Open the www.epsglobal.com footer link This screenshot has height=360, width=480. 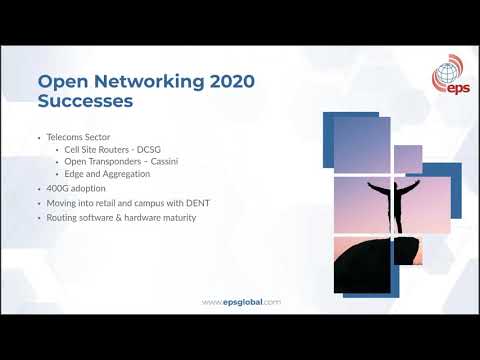click(x=241, y=302)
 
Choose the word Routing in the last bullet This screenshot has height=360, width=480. click(x=58, y=217)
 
